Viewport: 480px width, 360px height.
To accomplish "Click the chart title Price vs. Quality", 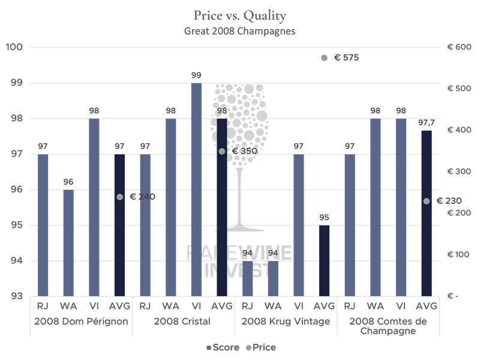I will click(239, 15).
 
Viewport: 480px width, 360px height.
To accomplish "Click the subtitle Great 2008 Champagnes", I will click(239, 31).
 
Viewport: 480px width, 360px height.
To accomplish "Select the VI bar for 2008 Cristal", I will click(196, 190).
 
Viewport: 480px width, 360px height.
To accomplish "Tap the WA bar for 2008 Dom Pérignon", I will click(68, 243).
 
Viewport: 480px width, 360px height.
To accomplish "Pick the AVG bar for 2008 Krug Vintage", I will click(324, 261).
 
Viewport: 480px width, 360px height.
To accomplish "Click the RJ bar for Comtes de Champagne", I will click(350, 225).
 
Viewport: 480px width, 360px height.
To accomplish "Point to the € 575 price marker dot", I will click(324, 58).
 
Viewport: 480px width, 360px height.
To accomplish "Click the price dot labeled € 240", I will click(119, 197).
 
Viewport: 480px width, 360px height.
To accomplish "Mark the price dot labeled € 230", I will click(427, 201).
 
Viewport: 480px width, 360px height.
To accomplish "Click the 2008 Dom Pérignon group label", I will click(81, 322).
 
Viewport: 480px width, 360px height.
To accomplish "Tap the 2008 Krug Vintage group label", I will click(286, 322).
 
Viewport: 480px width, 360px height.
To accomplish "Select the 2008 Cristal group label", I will click(182, 322).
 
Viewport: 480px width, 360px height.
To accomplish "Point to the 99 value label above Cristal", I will click(196, 75).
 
